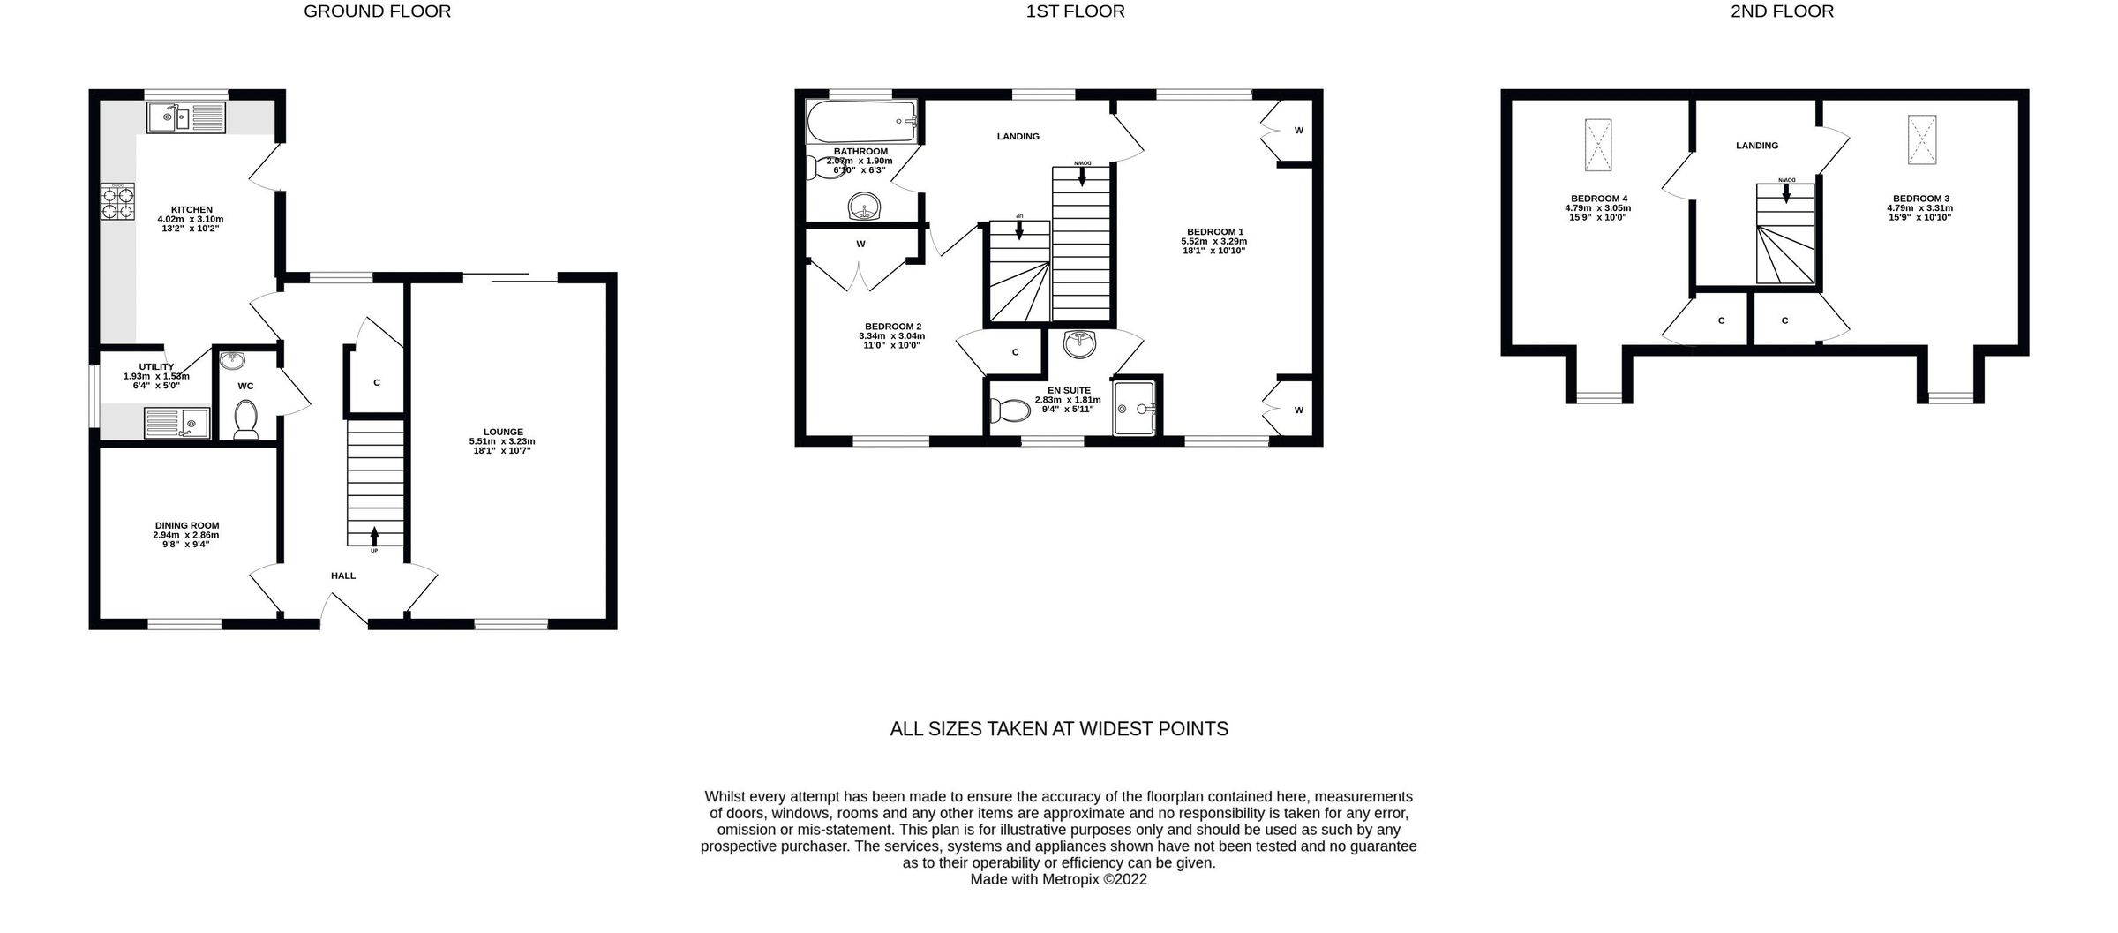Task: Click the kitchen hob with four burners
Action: click(x=117, y=201)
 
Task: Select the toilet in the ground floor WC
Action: click(x=246, y=418)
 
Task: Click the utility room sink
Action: click(x=176, y=422)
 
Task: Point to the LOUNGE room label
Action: click(x=502, y=432)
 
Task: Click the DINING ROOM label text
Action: click(x=186, y=525)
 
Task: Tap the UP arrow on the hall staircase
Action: click(x=374, y=536)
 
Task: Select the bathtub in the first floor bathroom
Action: click(x=861, y=123)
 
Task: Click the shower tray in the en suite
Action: click(x=1136, y=408)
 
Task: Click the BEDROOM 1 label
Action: click(x=1214, y=231)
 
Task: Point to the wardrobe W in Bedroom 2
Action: click(x=860, y=244)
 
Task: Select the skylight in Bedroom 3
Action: click(x=1921, y=139)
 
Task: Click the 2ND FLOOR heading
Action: click(x=1782, y=11)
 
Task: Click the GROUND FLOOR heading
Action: click(x=377, y=11)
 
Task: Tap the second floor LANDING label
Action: click(x=1756, y=146)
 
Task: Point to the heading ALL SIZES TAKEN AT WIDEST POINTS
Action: click(x=1058, y=729)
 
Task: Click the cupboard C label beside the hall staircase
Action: click(x=377, y=382)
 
